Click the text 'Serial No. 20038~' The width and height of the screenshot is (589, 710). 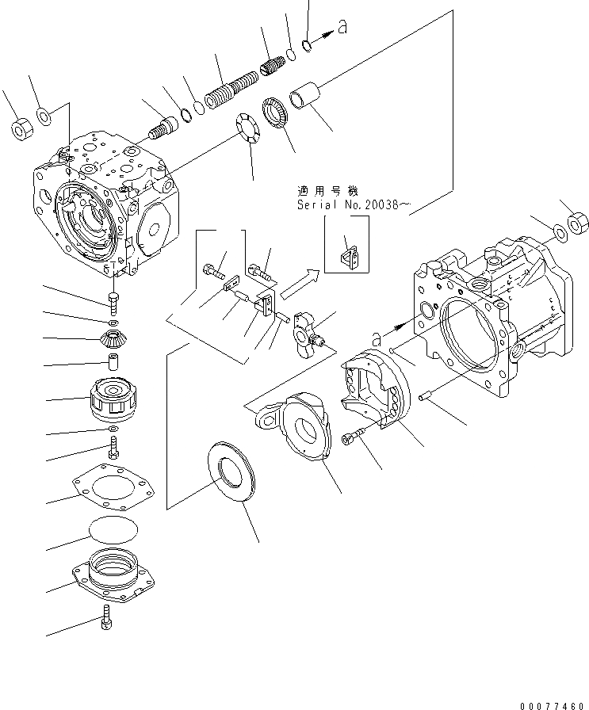click(354, 205)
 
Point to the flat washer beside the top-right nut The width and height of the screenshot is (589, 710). click(560, 231)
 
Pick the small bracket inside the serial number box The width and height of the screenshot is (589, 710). click(348, 254)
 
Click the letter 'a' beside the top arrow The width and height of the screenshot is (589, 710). click(342, 29)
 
